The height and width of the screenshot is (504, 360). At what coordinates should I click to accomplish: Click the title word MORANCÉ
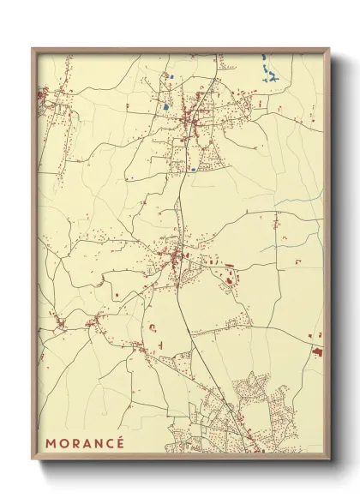click(85, 443)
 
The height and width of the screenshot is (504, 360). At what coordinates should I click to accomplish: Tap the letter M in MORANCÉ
click(51, 443)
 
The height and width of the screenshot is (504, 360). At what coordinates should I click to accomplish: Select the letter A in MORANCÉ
click(86, 443)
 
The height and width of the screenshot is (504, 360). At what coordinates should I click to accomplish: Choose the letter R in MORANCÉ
click(75, 443)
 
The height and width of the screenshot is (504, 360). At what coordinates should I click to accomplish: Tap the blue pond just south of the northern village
click(194, 170)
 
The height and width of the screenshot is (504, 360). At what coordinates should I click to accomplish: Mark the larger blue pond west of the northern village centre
click(164, 108)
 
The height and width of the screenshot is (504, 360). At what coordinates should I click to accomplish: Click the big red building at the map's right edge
click(317, 351)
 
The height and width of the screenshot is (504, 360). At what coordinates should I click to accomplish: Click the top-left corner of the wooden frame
click(33, 48)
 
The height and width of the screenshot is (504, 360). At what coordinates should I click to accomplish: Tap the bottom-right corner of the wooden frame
click(330, 460)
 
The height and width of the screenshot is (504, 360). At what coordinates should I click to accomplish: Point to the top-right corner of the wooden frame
click(330, 48)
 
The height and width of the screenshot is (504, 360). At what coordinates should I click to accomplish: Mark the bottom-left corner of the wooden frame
click(33, 460)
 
